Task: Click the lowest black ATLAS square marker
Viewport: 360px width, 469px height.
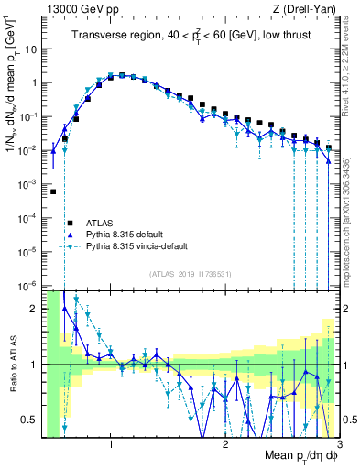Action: click(54, 191)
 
